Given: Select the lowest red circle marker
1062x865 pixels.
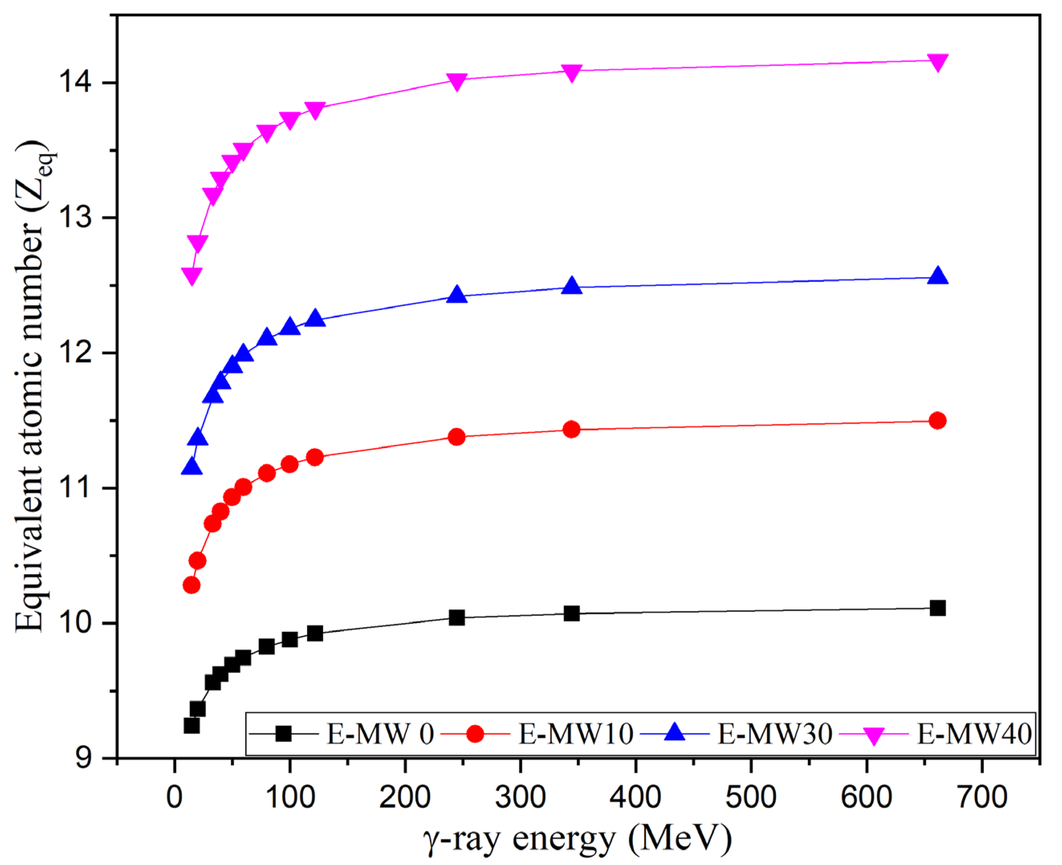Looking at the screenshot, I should click(x=191, y=585).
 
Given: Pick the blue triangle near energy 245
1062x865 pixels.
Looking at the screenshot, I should click(x=457, y=295).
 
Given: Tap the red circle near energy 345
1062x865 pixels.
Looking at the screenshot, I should click(x=572, y=429).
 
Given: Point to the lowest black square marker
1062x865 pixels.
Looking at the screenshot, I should click(x=191, y=725).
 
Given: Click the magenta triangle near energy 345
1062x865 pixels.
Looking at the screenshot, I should click(x=572, y=72).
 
